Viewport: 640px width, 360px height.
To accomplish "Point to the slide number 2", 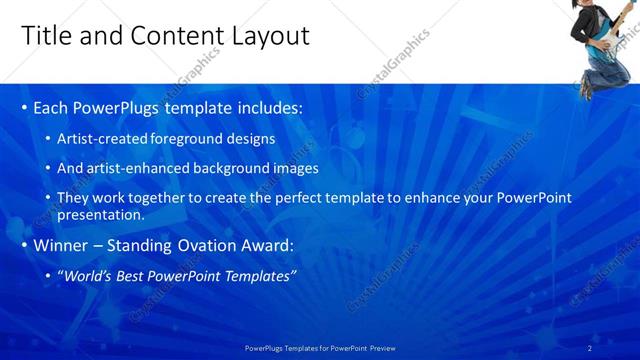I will [x=618, y=347].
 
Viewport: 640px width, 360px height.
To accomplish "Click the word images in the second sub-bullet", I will [x=296, y=168].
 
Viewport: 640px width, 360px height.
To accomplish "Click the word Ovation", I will [x=207, y=245].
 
